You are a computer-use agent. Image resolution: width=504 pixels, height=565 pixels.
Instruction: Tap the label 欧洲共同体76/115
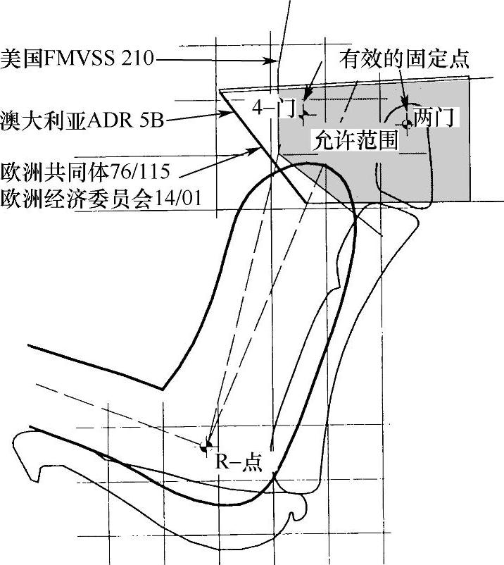coord(89,171)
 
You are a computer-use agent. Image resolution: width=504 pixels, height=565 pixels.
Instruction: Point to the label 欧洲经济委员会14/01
coord(101,198)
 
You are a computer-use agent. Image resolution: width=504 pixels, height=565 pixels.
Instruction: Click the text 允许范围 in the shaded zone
coord(354,139)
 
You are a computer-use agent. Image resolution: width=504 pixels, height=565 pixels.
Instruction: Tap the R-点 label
coord(238,461)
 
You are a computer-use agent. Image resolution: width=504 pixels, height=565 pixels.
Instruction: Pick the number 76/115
coord(147,171)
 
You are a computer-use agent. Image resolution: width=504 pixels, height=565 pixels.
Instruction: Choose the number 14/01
coord(177,198)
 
